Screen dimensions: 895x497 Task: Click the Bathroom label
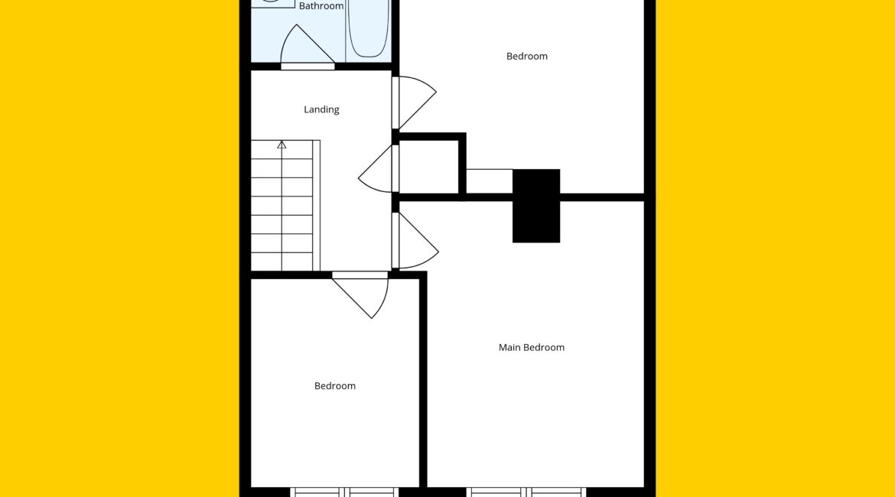pos(321,6)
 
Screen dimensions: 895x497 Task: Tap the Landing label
pos(321,109)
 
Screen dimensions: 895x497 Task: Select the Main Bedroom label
pos(532,347)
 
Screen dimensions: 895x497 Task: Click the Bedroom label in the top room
pos(527,56)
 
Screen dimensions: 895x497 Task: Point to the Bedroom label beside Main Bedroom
pos(335,385)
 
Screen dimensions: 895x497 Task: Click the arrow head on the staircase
pos(282,145)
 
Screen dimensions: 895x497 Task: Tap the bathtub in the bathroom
pos(368,28)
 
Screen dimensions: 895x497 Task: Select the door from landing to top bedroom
pos(415,102)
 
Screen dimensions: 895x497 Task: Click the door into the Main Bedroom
pos(415,240)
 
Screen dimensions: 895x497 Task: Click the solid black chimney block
pos(536,206)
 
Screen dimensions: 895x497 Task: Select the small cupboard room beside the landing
pos(428,166)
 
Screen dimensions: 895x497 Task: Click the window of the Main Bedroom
pos(526,492)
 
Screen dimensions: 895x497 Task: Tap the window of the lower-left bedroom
pos(344,492)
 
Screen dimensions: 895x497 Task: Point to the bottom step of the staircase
pos(282,261)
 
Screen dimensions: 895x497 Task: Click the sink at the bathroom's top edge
pos(273,3)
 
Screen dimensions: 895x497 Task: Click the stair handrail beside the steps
pos(316,206)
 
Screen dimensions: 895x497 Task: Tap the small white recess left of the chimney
pos(489,181)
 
